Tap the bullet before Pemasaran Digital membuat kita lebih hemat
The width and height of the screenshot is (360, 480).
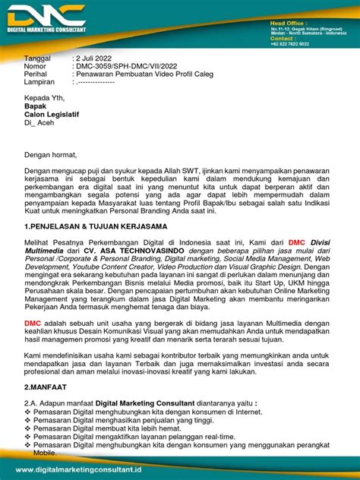tap(28, 428)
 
